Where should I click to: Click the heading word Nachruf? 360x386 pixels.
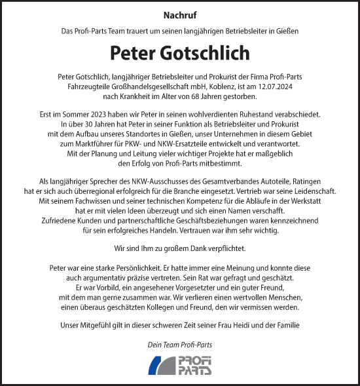coord(180,14)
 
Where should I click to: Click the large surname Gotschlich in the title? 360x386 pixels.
coord(207,52)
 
